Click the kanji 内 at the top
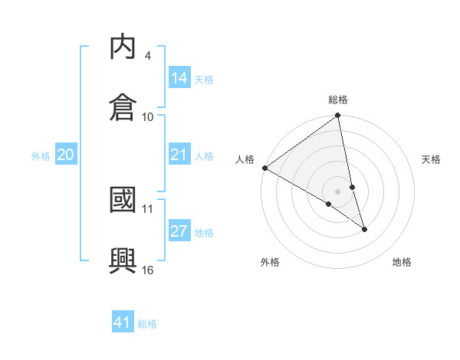point(123,48)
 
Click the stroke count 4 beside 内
point(148,56)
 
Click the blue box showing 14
point(179,77)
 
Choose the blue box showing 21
point(179,155)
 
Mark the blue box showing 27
point(179,231)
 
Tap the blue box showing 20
point(66,155)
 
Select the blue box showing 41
point(123,322)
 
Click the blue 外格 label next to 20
point(41,156)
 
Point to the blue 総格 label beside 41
point(147,324)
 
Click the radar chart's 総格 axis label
point(338,100)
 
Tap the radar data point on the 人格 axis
point(264,168)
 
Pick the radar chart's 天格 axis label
point(432,159)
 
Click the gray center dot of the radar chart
point(338,191)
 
